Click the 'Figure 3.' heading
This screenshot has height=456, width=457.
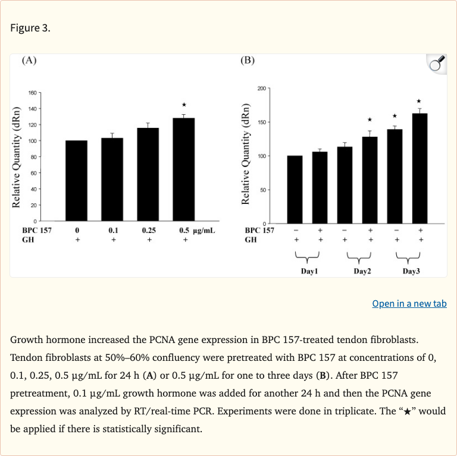pyautogui.click(x=30, y=29)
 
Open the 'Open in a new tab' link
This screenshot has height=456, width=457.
pyautogui.click(x=409, y=303)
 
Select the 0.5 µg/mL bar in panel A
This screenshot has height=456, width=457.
pyautogui.click(x=183, y=169)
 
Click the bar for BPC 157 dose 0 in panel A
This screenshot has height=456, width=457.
pyautogui.click(x=77, y=181)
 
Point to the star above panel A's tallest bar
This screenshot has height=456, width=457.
pyautogui.click(x=184, y=105)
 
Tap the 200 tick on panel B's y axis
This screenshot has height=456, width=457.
pyautogui.click(x=262, y=89)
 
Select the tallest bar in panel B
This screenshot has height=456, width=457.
pyautogui.click(x=420, y=168)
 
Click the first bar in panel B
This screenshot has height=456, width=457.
pyautogui.click(x=295, y=189)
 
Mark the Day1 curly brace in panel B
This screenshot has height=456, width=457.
pyautogui.click(x=307, y=256)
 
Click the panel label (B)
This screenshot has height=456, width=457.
pyautogui.click(x=248, y=60)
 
